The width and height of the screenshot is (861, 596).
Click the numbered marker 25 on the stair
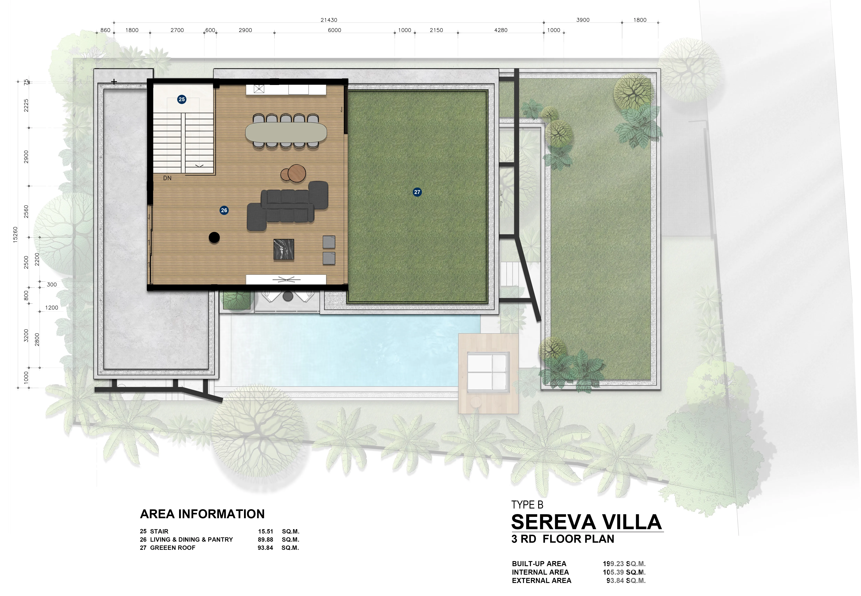(x=182, y=99)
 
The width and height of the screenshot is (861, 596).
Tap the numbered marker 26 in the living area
(x=224, y=210)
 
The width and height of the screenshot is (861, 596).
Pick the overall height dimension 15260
(x=15, y=235)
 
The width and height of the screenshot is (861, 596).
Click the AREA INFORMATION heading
(x=202, y=514)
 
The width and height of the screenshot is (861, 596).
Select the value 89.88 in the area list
(x=265, y=540)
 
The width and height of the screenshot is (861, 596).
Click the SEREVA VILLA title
(x=586, y=522)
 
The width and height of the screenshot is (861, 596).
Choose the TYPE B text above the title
(x=527, y=505)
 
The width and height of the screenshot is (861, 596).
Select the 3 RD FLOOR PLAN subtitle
(x=563, y=539)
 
